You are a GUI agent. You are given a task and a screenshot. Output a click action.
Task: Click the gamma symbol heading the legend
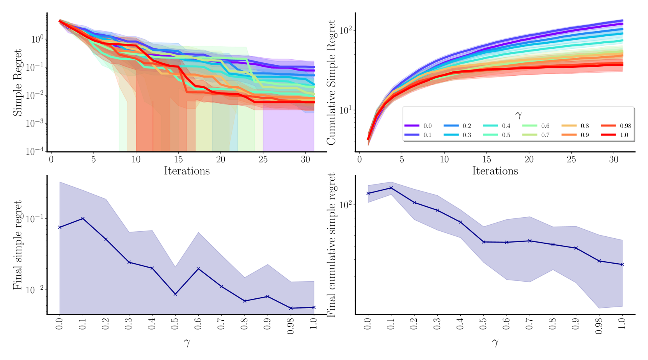518,115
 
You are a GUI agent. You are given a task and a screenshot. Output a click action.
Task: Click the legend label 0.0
428,126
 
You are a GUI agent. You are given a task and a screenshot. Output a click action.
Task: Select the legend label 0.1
428,135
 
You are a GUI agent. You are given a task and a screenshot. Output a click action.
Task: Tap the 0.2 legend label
467,126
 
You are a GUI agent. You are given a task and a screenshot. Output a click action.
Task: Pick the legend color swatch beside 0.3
451,135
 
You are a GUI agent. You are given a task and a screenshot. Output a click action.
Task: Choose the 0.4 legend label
506,126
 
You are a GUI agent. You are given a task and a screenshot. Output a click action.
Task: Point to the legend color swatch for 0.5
490,135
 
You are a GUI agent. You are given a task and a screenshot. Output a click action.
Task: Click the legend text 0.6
545,126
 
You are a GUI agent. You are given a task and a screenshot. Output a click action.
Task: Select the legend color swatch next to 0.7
530,135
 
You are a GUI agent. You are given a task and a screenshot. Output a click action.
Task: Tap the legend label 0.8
584,126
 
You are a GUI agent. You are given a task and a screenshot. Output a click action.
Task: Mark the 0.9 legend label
584,135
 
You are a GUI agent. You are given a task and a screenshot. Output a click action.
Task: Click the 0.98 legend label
625,126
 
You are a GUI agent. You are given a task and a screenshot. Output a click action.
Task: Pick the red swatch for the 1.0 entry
608,135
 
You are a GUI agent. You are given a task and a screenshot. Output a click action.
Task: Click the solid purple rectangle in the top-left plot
289,131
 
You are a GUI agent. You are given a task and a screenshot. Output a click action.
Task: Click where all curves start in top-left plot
59,20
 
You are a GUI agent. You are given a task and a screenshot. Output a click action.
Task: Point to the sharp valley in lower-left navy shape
176,266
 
